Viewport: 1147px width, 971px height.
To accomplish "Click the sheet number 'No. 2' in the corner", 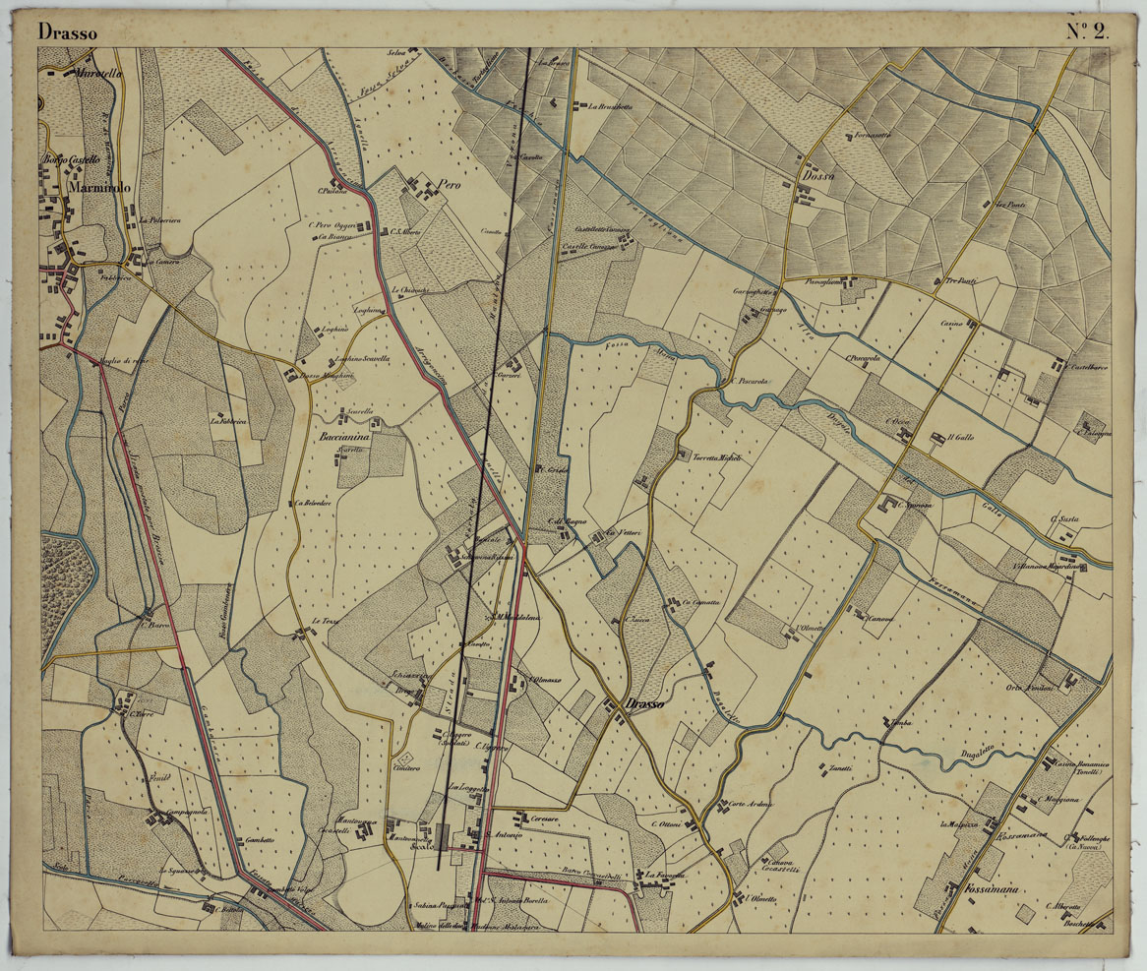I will click(x=1087, y=30).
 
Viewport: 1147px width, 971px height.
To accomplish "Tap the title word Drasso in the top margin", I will click(x=68, y=31).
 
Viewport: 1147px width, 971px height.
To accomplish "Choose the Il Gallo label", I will click(x=961, y=437).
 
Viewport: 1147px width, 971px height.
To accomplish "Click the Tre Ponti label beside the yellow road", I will click(x=960, y=281).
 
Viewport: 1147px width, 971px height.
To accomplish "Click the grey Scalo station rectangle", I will click(x=442, y=837).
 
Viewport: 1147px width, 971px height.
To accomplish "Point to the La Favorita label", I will click(x=665, y=874).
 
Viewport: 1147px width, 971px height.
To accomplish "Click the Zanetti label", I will click(x=840, y=768).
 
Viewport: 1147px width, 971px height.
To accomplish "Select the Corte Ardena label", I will click(x=751, y=805).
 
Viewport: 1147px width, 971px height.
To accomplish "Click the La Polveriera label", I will click(x=159, y=220).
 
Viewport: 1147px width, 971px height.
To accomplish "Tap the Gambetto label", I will click(x=260, y=838).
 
